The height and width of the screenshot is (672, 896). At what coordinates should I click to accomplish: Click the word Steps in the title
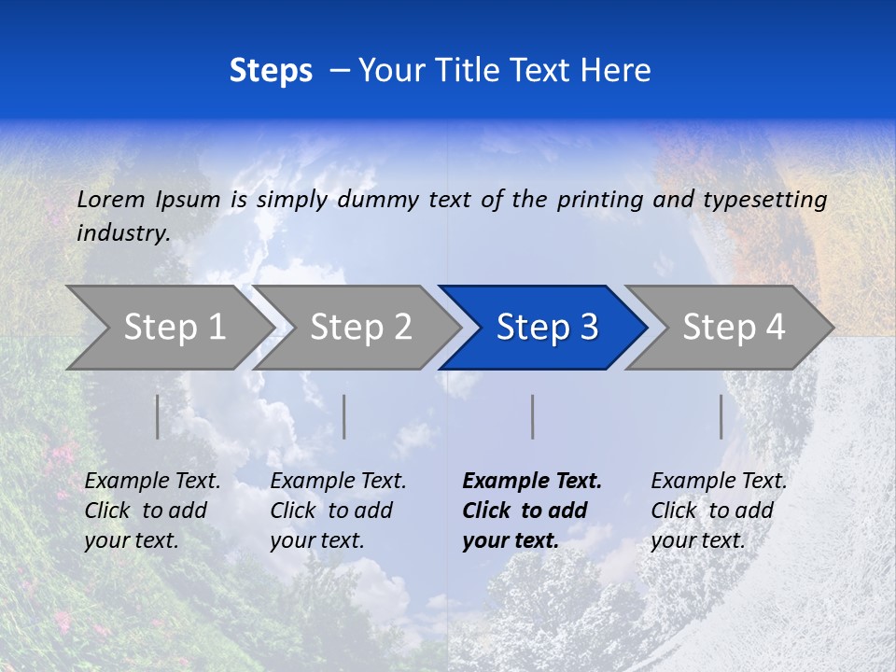pyautogui.click(x=271, y=70)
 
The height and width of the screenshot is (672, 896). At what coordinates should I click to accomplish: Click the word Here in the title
pyautogui.click(x=615, y=70)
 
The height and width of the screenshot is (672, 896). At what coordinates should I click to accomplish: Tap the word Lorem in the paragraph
pyautogui.click(x=111, y=199)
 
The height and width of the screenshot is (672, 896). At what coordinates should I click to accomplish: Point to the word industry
pyautogui.click(x=123, y=232)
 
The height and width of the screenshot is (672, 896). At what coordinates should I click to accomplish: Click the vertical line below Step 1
pyautogui.click(x=158, y=416)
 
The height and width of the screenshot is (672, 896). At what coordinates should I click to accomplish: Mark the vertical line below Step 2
pyautogui.click(x=344, y=416)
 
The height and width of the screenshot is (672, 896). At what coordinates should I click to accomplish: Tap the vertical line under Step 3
pyautogui.click(x=533, y=416)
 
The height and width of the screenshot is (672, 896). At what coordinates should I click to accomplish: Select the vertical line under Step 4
pyautogui.click(x=721, y=416)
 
